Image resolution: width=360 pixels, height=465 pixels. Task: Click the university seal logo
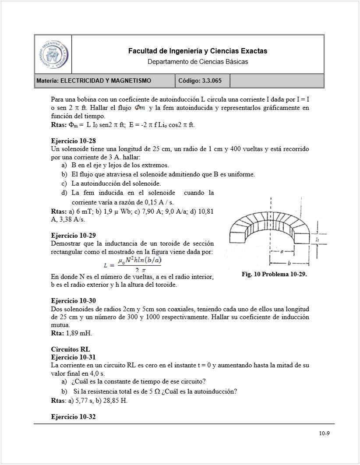point(53,54)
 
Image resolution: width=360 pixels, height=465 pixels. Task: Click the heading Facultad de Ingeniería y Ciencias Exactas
point(198,51)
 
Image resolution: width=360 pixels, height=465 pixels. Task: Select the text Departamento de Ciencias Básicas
point(198,62)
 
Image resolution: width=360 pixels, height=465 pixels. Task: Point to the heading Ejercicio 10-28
point(73,141)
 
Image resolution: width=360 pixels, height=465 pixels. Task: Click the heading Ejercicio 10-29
point(73,235)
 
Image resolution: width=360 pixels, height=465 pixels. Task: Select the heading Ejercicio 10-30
point(73,301)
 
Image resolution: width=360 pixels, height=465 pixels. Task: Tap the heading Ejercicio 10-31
point(73,357)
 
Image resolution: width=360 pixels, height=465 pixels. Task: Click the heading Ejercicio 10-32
point(73,417)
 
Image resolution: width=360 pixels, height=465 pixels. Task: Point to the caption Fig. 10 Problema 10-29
point(275,274)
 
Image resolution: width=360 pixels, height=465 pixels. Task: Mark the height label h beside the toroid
point(316,240)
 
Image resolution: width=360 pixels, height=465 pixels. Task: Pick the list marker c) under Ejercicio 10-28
point(64,183)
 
